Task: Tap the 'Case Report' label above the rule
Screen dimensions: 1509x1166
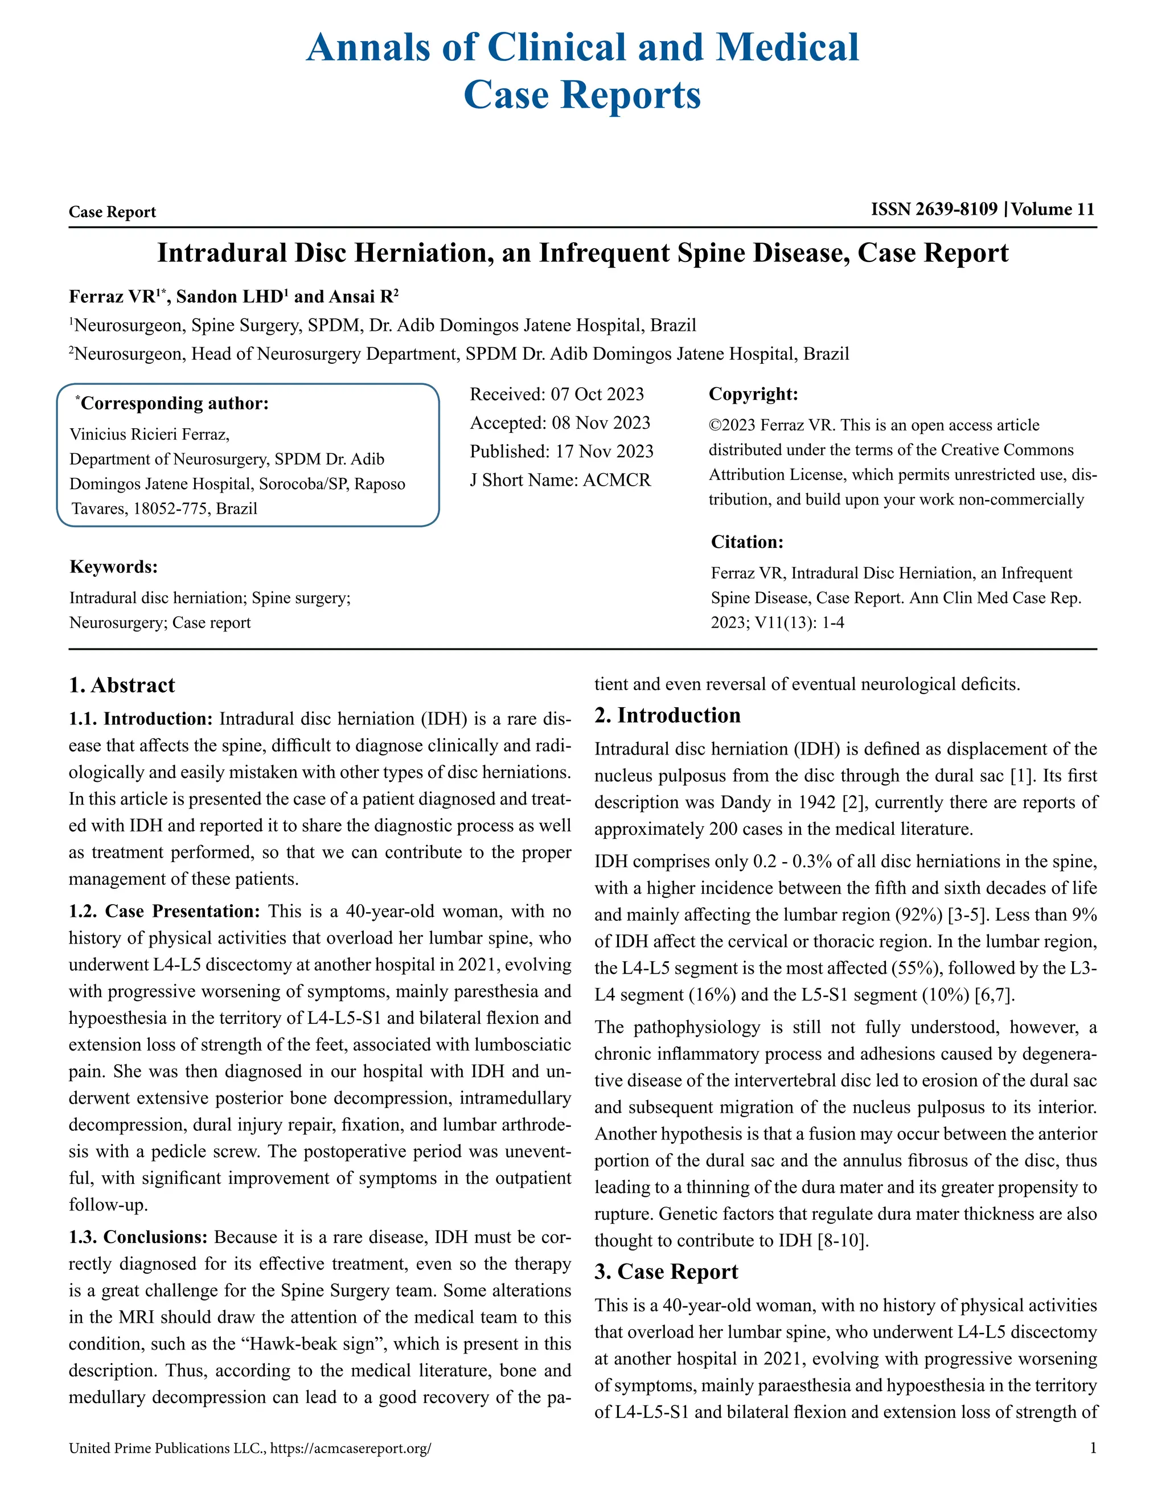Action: [x=112, y=212]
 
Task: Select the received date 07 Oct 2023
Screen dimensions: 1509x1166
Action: [x=597, y=395]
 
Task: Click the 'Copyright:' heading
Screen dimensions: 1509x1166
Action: [x=753, y=395]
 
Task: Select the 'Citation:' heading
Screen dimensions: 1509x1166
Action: [x=747, y=542]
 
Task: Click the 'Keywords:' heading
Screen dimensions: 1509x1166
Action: [x=113, y=567]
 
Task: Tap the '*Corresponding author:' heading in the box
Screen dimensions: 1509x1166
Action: [x=173, y=404]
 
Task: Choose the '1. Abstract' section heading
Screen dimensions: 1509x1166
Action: [x=122, y=686]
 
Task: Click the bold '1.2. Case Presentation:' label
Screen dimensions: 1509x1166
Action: [x=164, y=911]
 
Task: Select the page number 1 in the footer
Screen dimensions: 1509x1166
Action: [x=1093, y=1448]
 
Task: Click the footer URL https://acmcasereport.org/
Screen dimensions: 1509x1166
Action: [x=350, y=1449]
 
